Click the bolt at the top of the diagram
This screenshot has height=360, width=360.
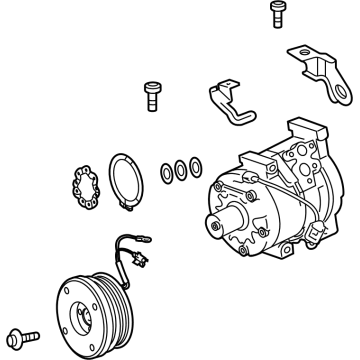pos(277,17)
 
